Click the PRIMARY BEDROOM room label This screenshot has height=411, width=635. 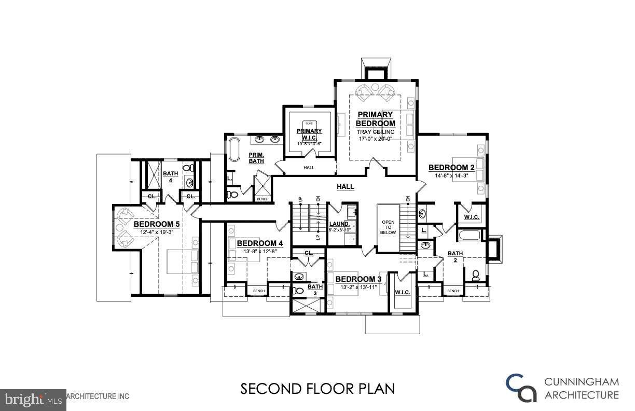pyautogui.click(x=375, y=119)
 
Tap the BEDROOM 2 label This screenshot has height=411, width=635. pyautogui.click(x=451, y=168)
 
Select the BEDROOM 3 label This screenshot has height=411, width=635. pyautogui.click(x=358, y=279)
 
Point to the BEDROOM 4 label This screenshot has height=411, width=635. pyautogui.click(x=260, y=243)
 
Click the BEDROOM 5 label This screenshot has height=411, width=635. pyautogui.click(x=157, y=224)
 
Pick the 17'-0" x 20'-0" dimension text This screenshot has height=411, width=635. pyautogui.click(x=375, y=139)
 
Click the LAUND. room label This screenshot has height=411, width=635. pyautogui.click(x=339, y=224)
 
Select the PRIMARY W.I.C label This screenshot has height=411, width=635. pyautogui.click(x=309, y=134)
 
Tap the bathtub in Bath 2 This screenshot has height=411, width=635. pyautogui.click(x=469, y=237)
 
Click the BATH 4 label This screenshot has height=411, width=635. pyautogui.click(x=170, y=177)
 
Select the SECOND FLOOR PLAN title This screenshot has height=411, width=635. pyautogui.click(x=317, y=389)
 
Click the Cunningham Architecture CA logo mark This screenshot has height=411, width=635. pyautogui.click(x=521, y=388)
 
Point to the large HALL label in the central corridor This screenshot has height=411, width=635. pyautogui.click(x=345, y=187)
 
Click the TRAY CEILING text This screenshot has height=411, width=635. pyautogui.click(x=375, y=132)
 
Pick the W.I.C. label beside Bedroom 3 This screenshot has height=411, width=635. pyautogui.click(x=403, y=293)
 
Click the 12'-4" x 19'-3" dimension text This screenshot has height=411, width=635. pyautogui.click(x=157, y=232)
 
